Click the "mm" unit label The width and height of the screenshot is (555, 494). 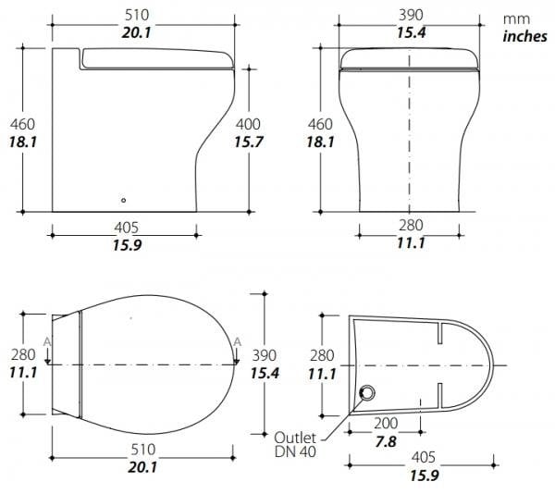(x=516, y=19)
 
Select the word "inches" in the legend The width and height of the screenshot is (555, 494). (x=524, y=36)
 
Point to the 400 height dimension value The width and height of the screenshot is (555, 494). (x=248, y=124)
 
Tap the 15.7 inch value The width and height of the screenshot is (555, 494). (x=249, y=142)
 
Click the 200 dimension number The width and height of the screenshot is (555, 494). (x=386, y=423)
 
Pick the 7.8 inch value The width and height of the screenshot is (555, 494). (x=386, y=441)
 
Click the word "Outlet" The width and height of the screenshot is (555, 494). (x=295, y=438)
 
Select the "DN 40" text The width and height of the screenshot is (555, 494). (x=295, y=451)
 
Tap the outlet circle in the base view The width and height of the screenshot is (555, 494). (x=367, y=392)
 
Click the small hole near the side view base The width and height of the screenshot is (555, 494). (x=123, y=201)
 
